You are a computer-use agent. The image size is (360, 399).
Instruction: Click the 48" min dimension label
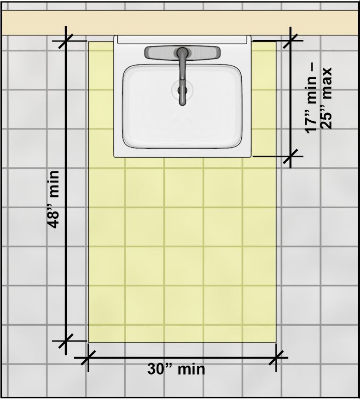click(53, 199)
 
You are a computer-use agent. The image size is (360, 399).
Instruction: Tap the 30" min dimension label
click(176, 369)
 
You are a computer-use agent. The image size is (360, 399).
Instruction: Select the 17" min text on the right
click(312, 99)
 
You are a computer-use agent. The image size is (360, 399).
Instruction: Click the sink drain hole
click(182, 90)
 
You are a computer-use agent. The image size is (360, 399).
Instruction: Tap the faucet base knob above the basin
click(182, 52)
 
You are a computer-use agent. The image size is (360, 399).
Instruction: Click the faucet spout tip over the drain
click(182, 102)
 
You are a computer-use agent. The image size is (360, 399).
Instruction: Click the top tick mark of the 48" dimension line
click(66, 41)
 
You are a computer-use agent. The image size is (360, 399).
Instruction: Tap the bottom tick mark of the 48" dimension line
click(66, 341)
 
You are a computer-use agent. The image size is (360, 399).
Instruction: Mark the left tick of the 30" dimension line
click(88, 358)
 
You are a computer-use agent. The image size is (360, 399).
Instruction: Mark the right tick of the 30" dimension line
click(276, 358)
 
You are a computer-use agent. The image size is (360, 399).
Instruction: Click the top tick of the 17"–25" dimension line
click(290, 41)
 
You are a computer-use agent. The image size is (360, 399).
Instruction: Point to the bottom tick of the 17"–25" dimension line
click(290, 156)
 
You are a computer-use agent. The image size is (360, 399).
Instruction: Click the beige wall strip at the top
click(180, 23)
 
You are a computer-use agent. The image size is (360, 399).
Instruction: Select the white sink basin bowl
click(182, 106)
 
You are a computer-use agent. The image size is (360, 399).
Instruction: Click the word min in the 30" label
click(191, 369)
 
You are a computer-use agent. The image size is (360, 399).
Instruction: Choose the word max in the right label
click(326, 83)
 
